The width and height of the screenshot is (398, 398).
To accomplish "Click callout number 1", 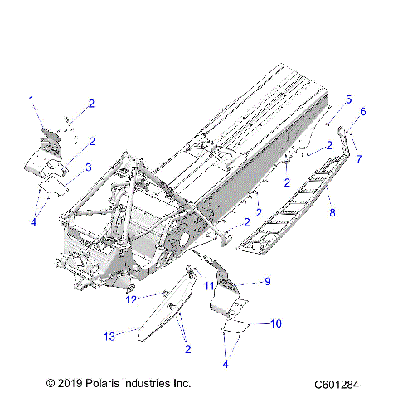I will pos(32,100).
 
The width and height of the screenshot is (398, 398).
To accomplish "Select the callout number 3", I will pos(89,167).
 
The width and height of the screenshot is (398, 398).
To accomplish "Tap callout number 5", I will pos(348,99).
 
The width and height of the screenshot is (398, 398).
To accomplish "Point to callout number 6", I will pos(362,111).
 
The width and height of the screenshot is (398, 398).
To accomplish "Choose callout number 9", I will pos(268,282).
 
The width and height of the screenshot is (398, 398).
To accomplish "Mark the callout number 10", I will pos(276,322).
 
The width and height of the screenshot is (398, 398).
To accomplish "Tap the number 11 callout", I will pos(211,286).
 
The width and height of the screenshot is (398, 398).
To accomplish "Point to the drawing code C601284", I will pos(342,385).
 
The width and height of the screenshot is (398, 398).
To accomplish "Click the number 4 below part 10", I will pos(226,363).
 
